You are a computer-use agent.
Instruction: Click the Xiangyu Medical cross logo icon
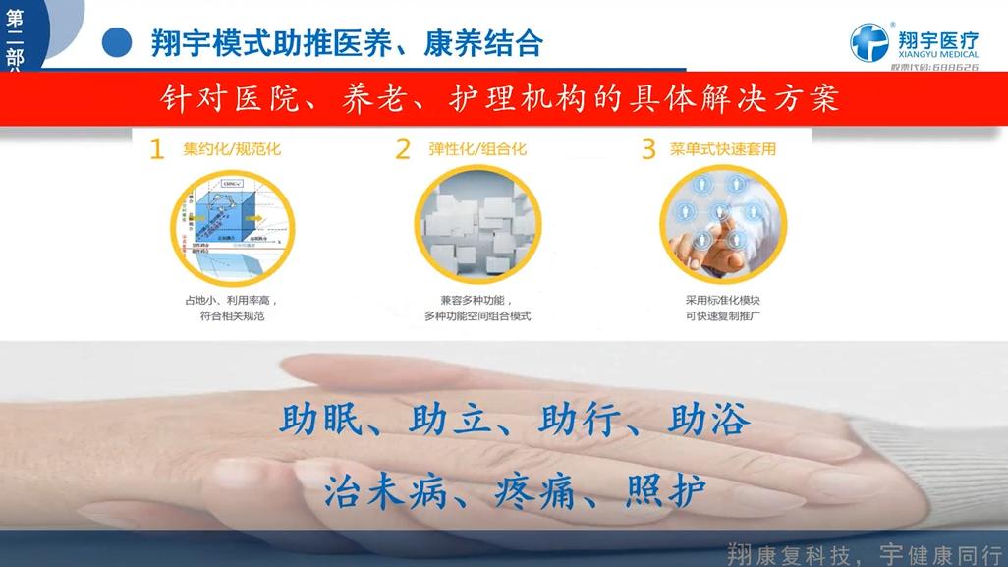tap(868, 42)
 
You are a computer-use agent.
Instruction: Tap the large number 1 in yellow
tap(156, 149)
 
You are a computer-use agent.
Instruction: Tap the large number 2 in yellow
tap(403, 149)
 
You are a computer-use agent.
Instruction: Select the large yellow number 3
tap(648, 149)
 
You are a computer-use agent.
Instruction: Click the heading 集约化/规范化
tap(231, 150)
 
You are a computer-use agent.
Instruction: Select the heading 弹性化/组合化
tap(477, 150)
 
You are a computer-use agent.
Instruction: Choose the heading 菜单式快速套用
tap(723, 150)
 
